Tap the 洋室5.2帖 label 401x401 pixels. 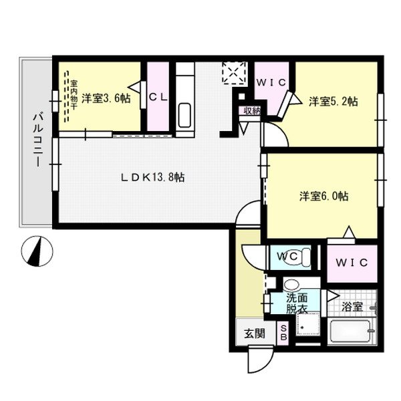tap(333, 102)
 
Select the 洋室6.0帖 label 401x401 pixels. tap(323, 196)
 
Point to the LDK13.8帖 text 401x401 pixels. tap(152, 178)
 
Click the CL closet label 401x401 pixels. tap(158, 98)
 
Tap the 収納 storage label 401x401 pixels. tap(251, 111)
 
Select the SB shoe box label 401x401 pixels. tap(283, 332)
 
